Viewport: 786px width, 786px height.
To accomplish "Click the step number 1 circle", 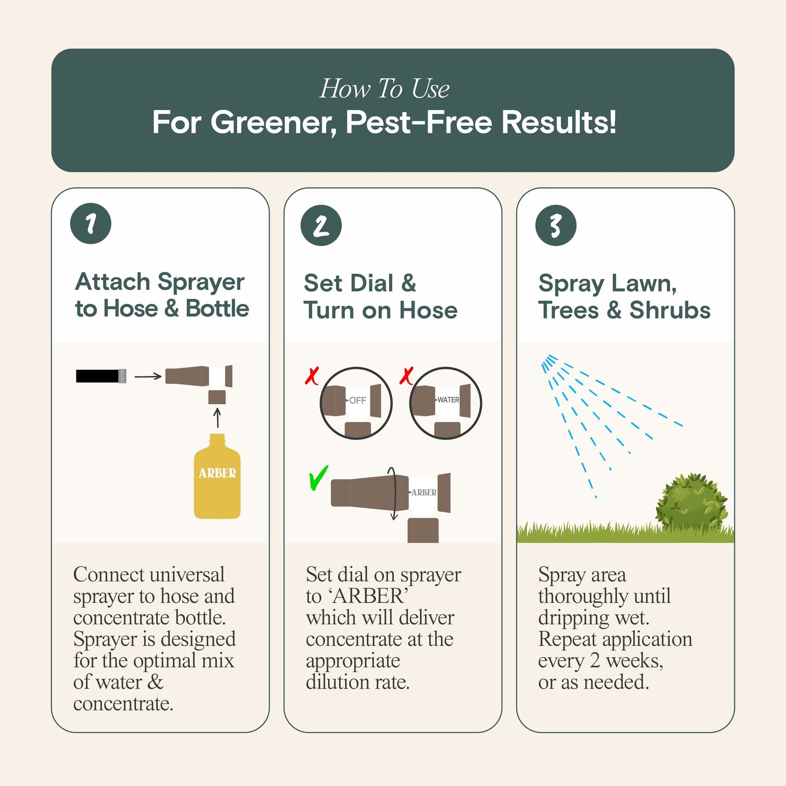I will pyautogui.click(x=91, y=224).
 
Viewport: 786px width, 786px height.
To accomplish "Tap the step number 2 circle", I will pyautogui.click(x=321, y=225).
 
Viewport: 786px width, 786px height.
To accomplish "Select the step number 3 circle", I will pyautogui.click(x=555, y=225).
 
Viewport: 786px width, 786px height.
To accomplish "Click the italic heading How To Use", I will pyautogui.click(x=384, y=89).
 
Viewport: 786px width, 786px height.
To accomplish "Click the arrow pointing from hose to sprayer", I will pyautogui.click(x=148, y=376).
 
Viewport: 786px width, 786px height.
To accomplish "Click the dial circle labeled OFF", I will pyautogui.click(x=356, y=403).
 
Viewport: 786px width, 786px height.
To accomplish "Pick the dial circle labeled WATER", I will pyautogui.click(x=445, y=403).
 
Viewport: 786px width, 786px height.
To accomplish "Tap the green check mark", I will pyautogui.click(x=318, y=478).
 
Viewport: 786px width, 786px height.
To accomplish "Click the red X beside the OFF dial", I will pyautogui.click(x=312, y=376).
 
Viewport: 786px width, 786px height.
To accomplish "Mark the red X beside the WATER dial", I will pyautogui.click(x=406, y=376).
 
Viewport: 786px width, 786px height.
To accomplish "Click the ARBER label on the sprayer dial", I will pyautogui.click(x=423, y=492).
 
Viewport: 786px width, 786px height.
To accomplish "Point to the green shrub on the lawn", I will pyautogui.click(x=691, y=503).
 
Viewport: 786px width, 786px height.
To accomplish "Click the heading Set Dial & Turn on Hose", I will pyautogui.click(x=380, y=296).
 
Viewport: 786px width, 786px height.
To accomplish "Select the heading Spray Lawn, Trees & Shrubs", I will pyautogui.click(x=624, y=296).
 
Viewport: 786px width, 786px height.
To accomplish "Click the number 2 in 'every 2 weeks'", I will pyautogui.click(x=595, y=660).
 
